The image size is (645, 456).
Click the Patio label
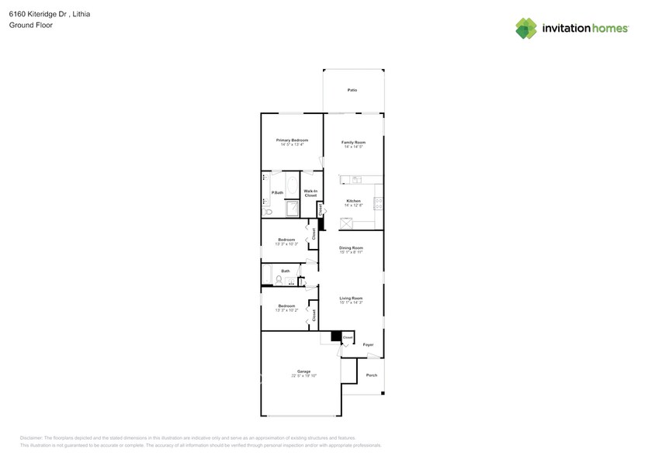(x=352, y=91)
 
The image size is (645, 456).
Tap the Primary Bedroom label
(x=291, y=140)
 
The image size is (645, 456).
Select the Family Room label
(x=354, y=142)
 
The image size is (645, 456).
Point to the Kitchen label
(x=354, y=201)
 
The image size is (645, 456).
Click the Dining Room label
(x=352, y=248)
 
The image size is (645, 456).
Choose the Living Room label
(x=352, y=299)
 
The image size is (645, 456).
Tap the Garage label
(x=303, y=371)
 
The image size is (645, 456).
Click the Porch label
(x=372, y=375)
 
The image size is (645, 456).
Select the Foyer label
(x=369, y=344)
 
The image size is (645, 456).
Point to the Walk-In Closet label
(x=310, y=193)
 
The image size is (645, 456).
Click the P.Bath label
(x=276, y=192)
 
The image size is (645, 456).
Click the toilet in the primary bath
(x=267, y=211)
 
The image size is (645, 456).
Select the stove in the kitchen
(x=378, y=203)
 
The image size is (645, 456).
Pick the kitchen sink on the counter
(x=355, y=180)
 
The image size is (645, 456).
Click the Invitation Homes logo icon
(x=526, y=28)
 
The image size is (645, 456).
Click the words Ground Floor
(x=26, y=26)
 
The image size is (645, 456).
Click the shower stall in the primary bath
(x=292, y=209)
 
